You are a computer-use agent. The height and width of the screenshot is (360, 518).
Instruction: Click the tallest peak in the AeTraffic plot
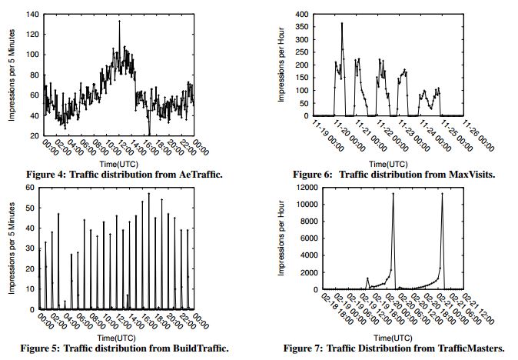click(119, 22)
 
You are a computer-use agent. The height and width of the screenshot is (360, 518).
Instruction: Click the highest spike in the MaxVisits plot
click(342, 24)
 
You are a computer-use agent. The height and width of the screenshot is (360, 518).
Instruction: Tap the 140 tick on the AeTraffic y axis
click(34, 15)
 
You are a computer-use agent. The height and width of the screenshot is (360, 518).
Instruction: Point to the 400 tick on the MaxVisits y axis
click(301, 15)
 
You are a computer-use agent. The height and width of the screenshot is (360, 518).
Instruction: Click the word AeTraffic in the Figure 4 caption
click(202, 175)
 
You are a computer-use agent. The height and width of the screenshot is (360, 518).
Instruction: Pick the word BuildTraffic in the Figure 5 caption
click(202, 348)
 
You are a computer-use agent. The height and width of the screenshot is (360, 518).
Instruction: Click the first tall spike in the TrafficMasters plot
click(393, 194)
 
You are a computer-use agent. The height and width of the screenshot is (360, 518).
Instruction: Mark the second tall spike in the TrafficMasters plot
click(442, 194)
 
